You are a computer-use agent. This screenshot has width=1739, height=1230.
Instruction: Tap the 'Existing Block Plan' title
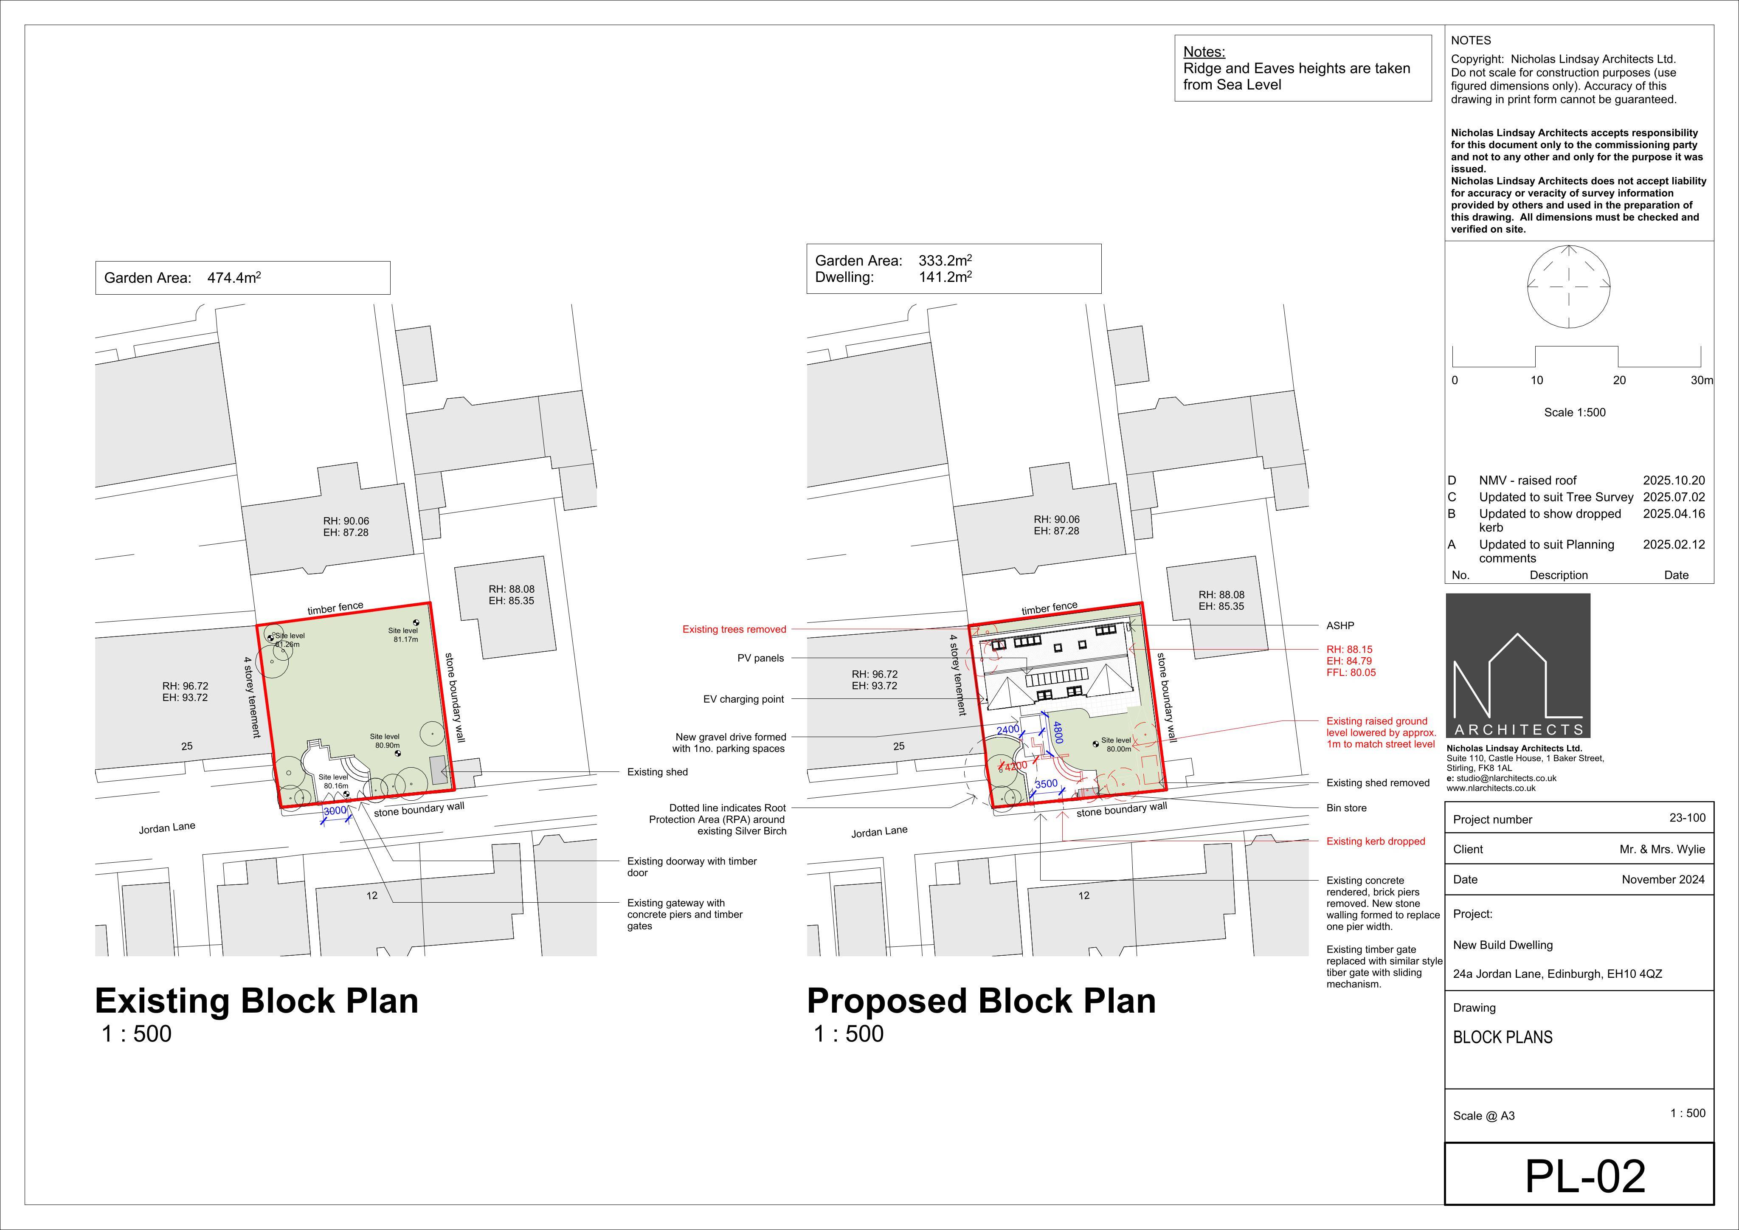click(257, 1000)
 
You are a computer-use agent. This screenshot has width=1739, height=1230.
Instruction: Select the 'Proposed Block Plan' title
click(982, 1000)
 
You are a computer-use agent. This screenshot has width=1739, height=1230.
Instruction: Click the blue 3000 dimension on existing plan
click(335, 811)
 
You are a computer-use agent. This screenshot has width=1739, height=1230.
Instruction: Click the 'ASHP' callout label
click(1340, 625)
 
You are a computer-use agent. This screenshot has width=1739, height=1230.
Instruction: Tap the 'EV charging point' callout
click(744, 699)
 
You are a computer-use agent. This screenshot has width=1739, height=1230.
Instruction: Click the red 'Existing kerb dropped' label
click(1376, 842)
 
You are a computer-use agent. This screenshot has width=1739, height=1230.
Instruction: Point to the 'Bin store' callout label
click(1347, 808)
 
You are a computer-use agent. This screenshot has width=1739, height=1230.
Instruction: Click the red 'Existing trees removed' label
click(734, 629)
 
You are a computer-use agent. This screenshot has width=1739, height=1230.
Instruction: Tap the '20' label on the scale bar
click(1619, 380)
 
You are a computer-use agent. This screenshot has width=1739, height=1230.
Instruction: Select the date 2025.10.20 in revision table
click(1674, 480)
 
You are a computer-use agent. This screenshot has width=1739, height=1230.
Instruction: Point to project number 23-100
click(1688, 818)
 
